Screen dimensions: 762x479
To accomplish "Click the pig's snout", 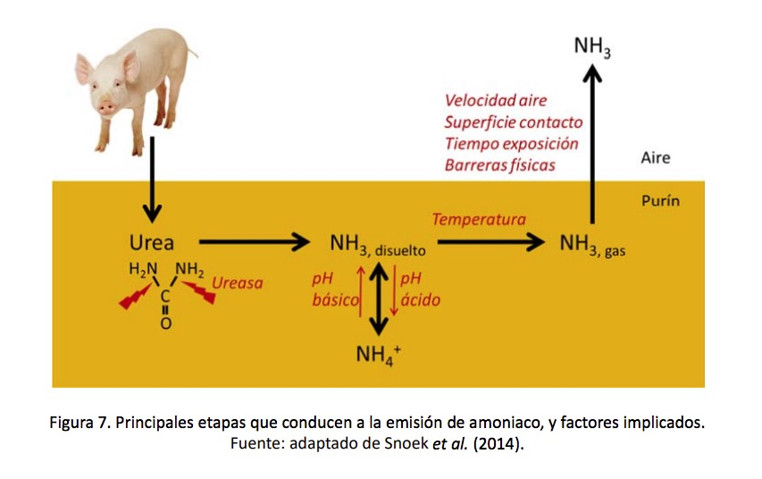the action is point(106,105).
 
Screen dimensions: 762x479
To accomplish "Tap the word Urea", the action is point(152,243).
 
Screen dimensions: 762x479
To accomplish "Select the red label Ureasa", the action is point(237,283).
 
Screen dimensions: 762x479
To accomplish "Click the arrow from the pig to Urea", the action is point(152,180).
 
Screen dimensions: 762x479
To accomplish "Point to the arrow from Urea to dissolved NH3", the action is point(255,241).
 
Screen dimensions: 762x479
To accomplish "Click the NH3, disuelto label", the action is point(378,245).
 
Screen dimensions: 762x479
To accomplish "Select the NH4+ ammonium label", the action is point(378,355).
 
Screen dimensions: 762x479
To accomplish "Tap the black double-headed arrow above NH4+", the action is point(379,298).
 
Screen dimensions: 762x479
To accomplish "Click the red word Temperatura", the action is point(479,219).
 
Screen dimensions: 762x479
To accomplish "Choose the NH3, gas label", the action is point(592,245).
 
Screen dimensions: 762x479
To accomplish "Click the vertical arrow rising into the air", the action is point(592,145).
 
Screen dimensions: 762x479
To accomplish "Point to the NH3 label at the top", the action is point(592,46).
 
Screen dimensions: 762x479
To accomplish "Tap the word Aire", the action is point(656,157).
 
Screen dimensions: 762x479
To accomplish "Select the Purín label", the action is point(660,200).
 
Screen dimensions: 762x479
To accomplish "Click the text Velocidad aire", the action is point(496,101).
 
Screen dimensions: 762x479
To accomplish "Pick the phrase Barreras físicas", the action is point(499,165).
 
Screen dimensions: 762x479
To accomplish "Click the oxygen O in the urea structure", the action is point(166,324).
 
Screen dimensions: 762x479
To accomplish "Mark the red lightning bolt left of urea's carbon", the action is point(135,297).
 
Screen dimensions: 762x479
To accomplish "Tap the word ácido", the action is point(421,299).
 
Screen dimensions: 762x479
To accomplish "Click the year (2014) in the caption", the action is point(498,443).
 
